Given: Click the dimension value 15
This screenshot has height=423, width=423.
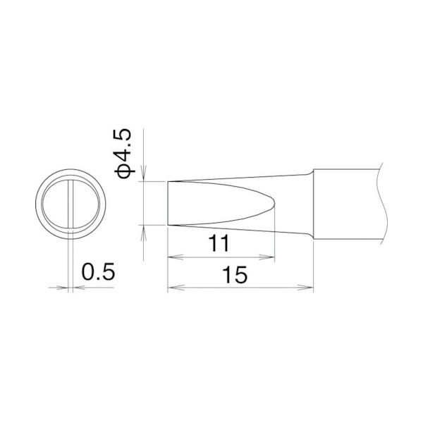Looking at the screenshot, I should [x=240, y=275].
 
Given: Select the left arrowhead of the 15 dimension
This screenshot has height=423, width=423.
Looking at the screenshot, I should [x=172, y=288].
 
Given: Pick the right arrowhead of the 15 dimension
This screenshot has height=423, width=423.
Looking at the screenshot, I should [x=309, y=288].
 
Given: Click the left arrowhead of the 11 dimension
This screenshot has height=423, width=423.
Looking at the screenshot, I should [x=172, y=258].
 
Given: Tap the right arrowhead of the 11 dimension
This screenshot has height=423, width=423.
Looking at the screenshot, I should [x=269, y=258].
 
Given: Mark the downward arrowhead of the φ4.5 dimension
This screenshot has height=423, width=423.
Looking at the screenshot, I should [x=144, y=176].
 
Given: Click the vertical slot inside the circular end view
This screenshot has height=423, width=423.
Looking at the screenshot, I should [x=70, y=204].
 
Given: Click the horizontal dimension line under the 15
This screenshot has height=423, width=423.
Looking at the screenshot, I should [x=240, y=288].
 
